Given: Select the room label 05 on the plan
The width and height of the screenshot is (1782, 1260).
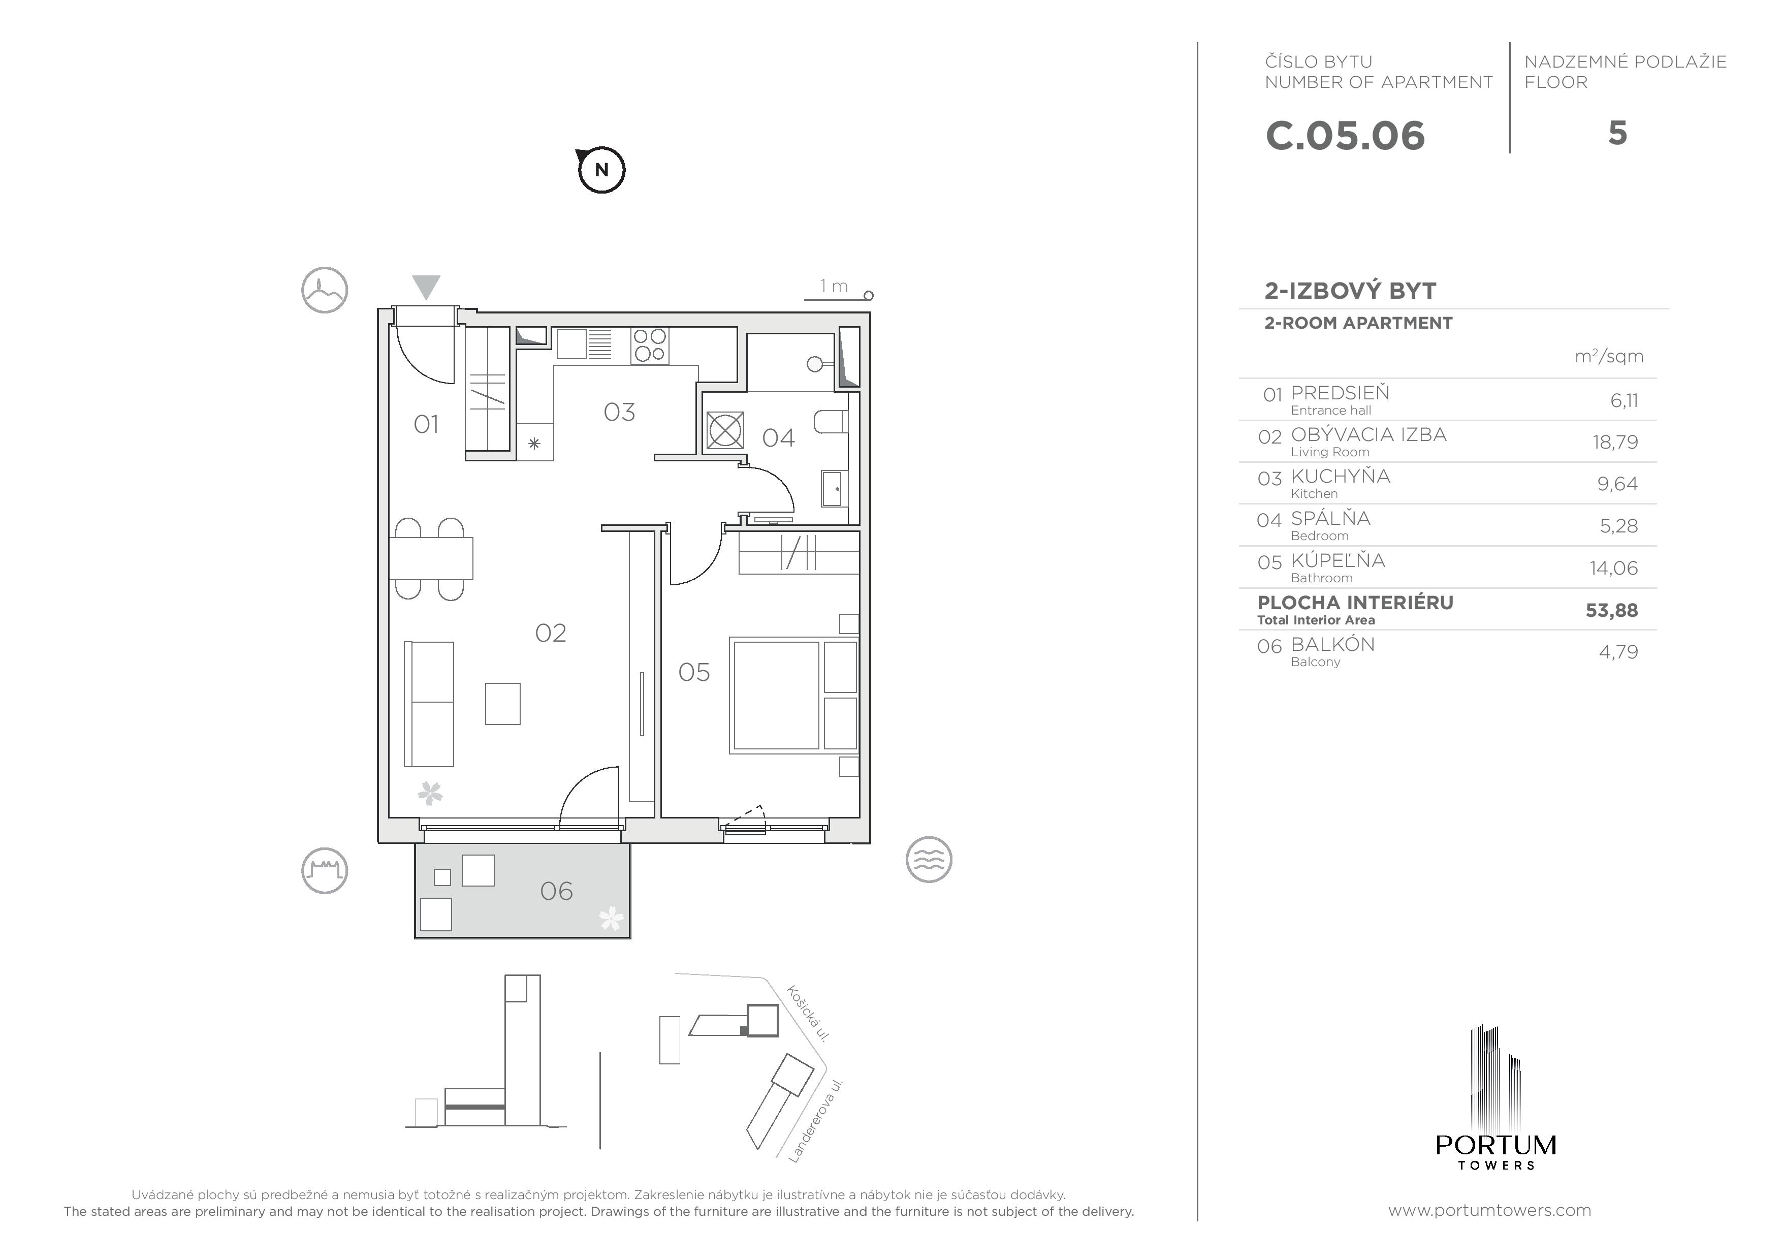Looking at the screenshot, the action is [x=694, y=672].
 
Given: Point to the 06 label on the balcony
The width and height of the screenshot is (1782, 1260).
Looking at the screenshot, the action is [x=556, y=891].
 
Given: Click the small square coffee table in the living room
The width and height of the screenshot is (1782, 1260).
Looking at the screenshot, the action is [x=503, y=703].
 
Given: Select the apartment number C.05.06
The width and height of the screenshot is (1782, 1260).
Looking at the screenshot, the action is [x=1345, y=136].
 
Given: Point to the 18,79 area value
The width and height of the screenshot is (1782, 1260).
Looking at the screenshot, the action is [x=1615, y=442].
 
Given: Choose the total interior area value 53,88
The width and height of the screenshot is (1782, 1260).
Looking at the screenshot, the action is [x=1611, y=610].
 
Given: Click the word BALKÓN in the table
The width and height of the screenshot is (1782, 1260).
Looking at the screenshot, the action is [x=1332, y=644].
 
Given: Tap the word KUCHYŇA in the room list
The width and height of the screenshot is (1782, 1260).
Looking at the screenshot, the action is [x=1341, y=476].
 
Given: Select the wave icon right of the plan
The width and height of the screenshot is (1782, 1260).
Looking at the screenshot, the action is [x=929, y=860].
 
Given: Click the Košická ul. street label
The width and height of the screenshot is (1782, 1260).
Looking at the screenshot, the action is [x=809, y=1013].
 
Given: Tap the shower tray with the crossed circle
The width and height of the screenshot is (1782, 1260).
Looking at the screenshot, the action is [x=725, y=431].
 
